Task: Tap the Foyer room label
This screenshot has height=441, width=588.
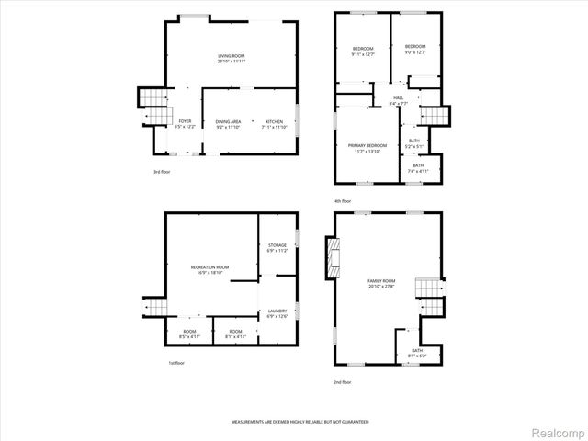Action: (185, 124)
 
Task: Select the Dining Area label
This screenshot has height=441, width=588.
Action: (228, 124)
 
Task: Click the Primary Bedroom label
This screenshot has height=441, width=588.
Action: (367, 148)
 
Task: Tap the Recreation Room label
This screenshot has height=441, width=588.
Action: (209, 268)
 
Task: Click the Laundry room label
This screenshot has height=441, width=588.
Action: (277, 313)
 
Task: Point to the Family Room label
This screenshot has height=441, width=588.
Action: (381, 283)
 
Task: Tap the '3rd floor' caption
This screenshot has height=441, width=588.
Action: (162, 172)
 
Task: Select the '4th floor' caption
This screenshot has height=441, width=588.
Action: (343, 200)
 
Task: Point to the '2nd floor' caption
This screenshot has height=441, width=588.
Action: (342, 381)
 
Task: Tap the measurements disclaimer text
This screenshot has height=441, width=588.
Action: (300, 420)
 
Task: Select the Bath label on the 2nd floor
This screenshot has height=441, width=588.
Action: (417, 352)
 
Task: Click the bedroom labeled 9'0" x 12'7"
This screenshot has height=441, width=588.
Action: (415, 50)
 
